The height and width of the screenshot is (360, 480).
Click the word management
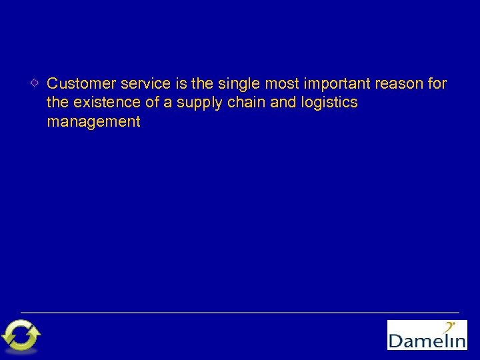[93, 122]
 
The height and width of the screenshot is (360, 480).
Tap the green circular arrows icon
[21, 335]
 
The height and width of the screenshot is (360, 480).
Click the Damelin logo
[427, 335]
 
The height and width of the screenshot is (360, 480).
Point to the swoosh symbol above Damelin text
[451, 327]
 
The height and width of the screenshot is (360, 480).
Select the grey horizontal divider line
[240, 312]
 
